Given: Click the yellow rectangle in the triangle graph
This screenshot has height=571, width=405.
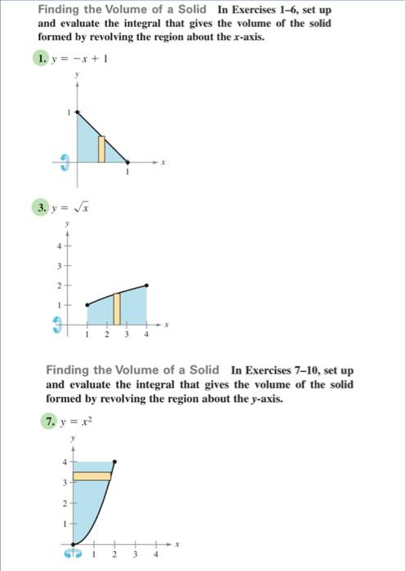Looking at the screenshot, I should [101, 148].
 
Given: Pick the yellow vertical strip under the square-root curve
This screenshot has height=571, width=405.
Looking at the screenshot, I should [117, 308].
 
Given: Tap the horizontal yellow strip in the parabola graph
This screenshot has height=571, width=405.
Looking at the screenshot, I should [91, 475].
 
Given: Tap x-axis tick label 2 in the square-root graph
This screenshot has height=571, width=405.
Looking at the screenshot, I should [107, 335].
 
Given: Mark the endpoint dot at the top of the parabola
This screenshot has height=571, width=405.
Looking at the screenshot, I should [113, 462].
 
